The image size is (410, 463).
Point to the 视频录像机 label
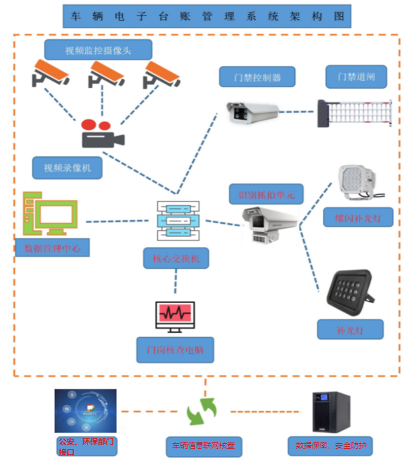[67, 168]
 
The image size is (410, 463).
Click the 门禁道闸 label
[356, 77]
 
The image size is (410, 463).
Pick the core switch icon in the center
[178, 221]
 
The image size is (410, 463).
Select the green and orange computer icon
[50, 213]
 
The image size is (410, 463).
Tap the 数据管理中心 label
[52, 248]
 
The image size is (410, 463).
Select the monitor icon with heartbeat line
[175, 316]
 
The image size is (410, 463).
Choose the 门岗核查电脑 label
[175, 349]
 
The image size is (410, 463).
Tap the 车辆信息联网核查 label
[203, 447]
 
